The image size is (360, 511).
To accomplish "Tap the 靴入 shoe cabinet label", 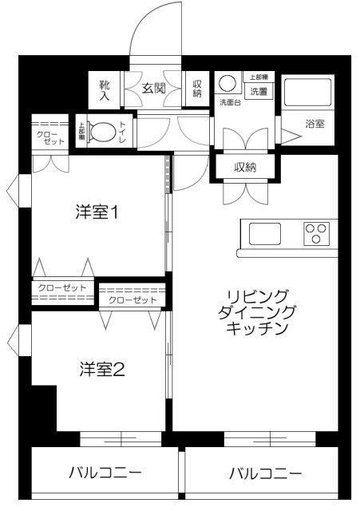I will point(104,89).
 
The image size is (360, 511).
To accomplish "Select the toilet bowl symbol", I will point(101,132).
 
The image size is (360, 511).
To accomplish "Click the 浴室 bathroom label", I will point(315,125).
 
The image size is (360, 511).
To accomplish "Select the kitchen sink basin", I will point(264,234).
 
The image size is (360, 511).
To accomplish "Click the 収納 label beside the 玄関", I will point(197,88).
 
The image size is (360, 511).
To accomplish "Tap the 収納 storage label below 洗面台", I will point(245,167).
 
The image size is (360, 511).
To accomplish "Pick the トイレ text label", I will point(122,132).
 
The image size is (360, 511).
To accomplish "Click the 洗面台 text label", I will point(229,104).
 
